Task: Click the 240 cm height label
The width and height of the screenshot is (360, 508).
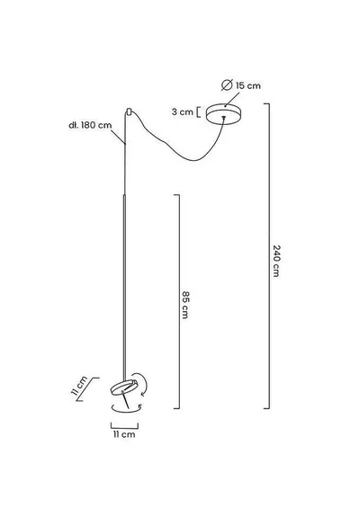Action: click(x=276, y=261)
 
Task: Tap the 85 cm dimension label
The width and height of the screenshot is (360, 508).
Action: click(x=185, y=305)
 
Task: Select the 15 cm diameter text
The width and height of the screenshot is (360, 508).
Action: click(x=248, y=85)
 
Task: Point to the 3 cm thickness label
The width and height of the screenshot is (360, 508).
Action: click(x=183, y=112)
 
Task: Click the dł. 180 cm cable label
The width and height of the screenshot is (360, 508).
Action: click(x=90, y=125)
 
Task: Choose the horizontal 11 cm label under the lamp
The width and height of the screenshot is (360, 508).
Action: click(x=124, y=434)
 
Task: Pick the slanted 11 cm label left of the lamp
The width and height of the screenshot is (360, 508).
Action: click(x=79, y=386)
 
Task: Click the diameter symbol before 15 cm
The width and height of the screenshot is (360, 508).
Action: click(x=227, y=85)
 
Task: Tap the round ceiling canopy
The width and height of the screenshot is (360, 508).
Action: click(x=224, y=113)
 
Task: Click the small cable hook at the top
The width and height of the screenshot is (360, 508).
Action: click(x=129, y=111)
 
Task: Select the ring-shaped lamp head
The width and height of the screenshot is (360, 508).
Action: click(x=124, y=388)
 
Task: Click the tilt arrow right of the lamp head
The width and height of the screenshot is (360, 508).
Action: click(x=145, y=385)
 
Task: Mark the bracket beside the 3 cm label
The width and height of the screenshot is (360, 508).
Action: click(x=198, y=112)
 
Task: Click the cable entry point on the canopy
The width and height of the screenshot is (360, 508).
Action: click(x=223, y=117)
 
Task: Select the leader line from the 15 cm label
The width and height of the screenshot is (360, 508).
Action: click(x=232, y=100)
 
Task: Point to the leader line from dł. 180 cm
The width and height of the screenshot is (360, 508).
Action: click(x=119, y=138)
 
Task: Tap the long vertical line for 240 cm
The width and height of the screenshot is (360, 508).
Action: click(x=269, y=256)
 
